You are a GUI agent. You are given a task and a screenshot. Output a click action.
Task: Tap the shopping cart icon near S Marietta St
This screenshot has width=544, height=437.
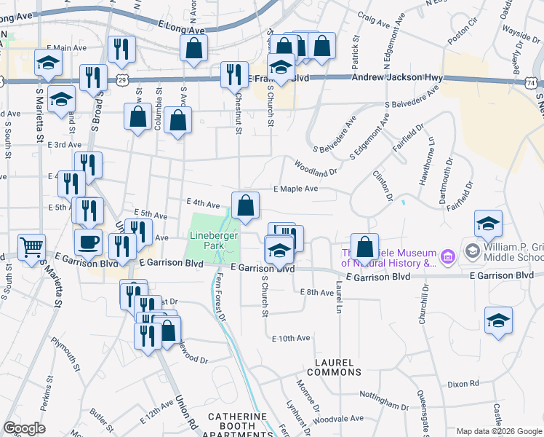pyautogui.click(x=31, y=248)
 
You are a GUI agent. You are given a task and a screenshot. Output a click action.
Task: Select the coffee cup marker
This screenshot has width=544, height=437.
pyautogui.click(x=88, y=243)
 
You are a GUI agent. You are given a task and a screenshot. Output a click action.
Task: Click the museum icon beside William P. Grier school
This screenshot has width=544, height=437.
pyautogui.click(x=448, y=256)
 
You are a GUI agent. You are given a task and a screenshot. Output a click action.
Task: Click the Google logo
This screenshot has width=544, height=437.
pyautogui.click(x=24, y=428)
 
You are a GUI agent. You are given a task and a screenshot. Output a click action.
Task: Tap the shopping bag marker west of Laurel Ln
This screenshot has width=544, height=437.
pyautogui.click(x=364, y=247)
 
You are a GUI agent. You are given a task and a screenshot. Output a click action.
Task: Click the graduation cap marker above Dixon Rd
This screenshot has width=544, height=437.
pyautogui.click(x=498, y=320)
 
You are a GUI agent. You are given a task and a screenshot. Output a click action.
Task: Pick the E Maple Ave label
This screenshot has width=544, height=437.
pyautogui.click(x=296, y=189)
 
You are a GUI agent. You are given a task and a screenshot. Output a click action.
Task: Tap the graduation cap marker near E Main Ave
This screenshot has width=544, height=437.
pyautogui.click(x=48, y=63)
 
